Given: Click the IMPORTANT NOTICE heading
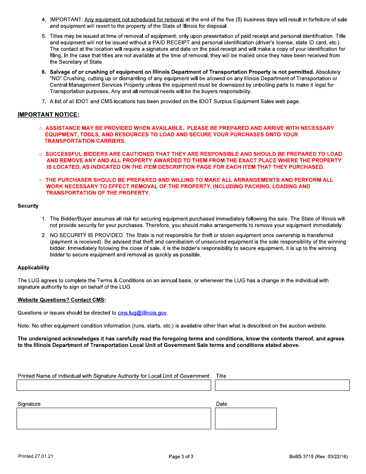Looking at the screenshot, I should (48, 115).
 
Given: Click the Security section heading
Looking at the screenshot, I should (28, 206).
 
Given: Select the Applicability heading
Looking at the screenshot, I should (34, 267).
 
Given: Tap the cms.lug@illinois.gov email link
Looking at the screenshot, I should (142, 313).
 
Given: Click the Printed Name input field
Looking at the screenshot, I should (114, 385).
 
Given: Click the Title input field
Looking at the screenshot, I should (282, 385).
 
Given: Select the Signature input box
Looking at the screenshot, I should (114, 418).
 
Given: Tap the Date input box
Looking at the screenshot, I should (245, 418).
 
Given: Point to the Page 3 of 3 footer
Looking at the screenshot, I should (181, 457).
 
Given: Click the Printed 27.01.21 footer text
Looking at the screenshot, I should (36, 456).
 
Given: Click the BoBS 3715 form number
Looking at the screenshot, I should (318, 457).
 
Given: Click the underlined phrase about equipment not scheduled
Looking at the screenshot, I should (134, 20).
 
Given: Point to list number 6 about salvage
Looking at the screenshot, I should (44, 72).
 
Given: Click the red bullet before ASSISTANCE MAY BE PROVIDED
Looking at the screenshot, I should (41, 128).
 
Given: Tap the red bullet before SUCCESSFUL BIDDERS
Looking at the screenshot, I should (41, 155).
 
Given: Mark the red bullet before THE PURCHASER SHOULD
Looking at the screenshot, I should (41, 180).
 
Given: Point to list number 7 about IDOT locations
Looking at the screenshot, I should (44, 101).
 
